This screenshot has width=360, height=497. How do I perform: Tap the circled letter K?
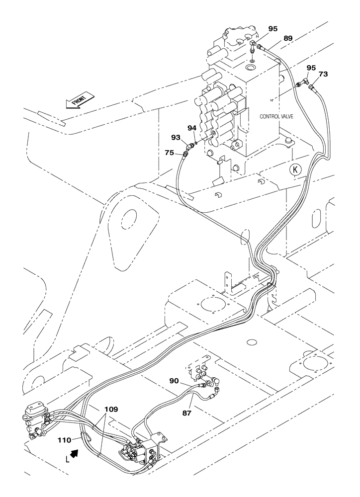(295, 170)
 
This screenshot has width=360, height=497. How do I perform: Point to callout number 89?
(287, 37)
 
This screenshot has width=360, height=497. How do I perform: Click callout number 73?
(323, 74)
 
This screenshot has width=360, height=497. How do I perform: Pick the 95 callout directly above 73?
(311, 67)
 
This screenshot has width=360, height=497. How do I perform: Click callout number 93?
(176, 137)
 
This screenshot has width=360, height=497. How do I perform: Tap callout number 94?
(192, 128)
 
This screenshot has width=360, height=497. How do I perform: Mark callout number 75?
(170, 153)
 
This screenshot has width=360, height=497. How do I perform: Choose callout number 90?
(174, 381)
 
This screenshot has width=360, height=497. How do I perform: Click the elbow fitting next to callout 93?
(189, 147)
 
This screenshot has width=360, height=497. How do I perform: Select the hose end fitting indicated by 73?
(311, 87)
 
